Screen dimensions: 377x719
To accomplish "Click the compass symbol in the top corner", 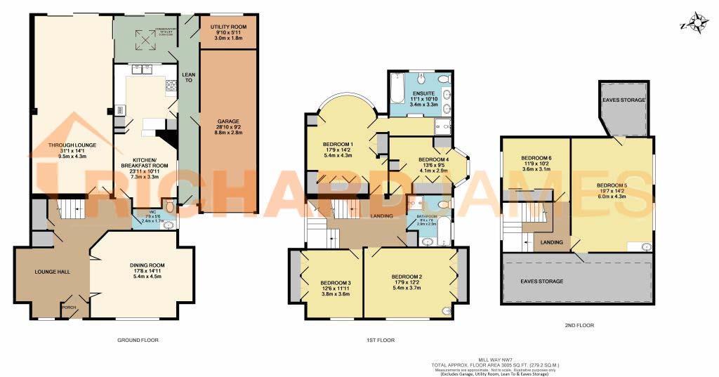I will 697,25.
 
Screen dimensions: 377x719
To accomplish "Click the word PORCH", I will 69,307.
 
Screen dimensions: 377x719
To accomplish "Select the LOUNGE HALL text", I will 53,271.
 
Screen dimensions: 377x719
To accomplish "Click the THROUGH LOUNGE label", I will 72,145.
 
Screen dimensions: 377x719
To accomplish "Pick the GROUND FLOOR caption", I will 138,340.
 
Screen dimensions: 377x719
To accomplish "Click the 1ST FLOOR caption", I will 380,340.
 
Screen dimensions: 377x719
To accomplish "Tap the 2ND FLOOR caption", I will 579,326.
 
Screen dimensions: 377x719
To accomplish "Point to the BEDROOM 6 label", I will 536,159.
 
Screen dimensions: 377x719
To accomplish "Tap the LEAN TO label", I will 188,77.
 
